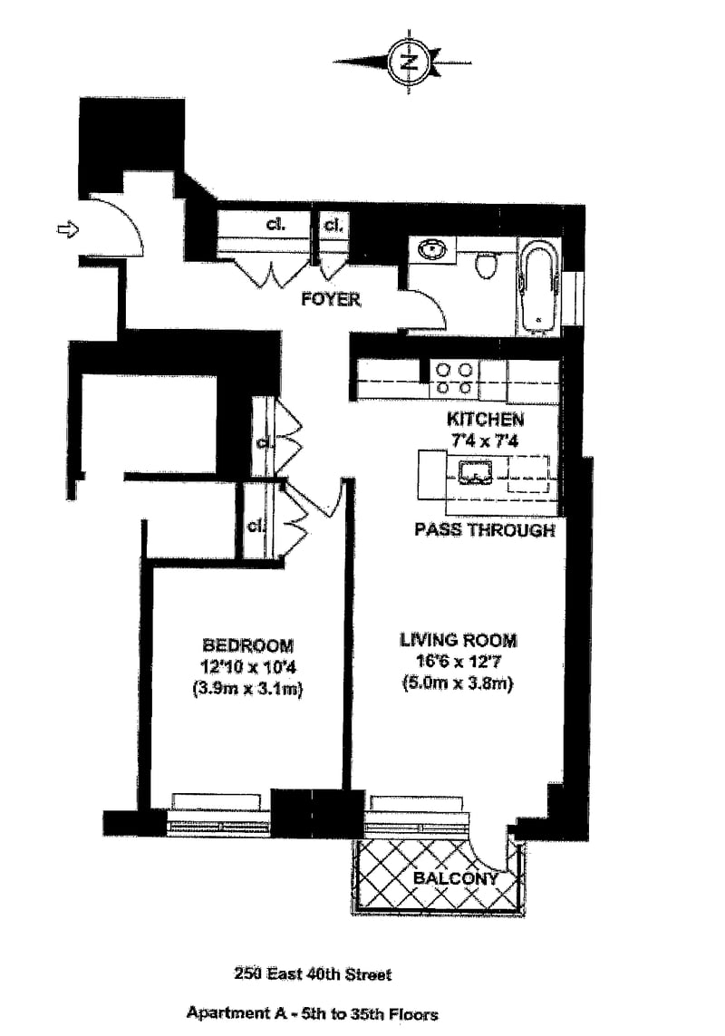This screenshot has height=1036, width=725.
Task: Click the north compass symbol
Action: pyautogui.click(x=409, y=62)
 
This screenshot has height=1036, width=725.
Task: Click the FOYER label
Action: pyautogui.click(x=331, y=299)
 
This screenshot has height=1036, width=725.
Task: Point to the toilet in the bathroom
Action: pyautogui.click(x=488, y=265)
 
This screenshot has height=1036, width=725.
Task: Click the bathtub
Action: pyautogui.click(x=539, y=285)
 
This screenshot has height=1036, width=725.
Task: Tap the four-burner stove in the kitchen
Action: pyautogui.click(x=453, y=378)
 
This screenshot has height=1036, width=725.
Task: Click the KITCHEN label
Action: pyautogui.click(x=485, y=419)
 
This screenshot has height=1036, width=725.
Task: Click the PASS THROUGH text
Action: pyautogui.click(x=484, y=530)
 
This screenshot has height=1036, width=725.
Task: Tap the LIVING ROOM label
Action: pyautogui.click(x=459, y=641)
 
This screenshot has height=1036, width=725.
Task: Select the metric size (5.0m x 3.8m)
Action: pyautogui.click(x=458, y=684)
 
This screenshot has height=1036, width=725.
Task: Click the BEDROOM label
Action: pyautogui.click(x=247, y=645)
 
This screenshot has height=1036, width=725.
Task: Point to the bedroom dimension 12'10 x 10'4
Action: pyautogui.click(x=247, y=667)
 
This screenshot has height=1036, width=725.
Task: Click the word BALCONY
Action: pyautogui.click(x=456, y=878)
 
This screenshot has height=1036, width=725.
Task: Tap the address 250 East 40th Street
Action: pyautogui.click(x=313, y=974)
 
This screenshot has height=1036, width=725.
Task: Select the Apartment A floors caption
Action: pyautogui.click(x=313, y=1012)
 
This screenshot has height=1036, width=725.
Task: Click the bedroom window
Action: pyautogui.click(x=218, y=814)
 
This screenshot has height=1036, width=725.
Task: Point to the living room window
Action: pyautogui.click(x=418, y=814)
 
